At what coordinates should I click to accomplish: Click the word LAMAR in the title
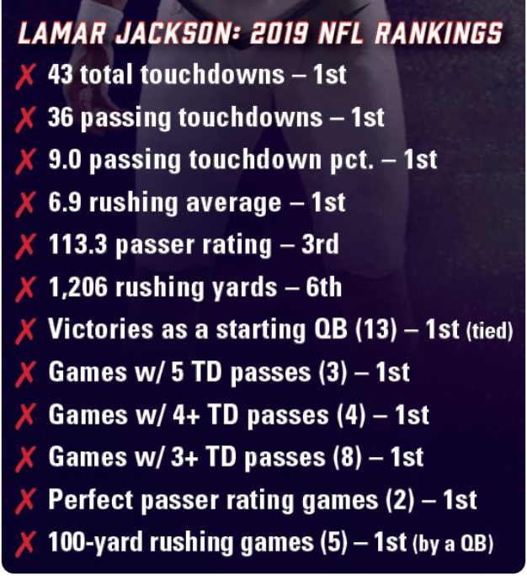[x=62, y=33]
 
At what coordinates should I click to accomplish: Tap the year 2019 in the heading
[x=280, y=33]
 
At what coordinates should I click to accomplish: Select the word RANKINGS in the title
[x=439, y=33]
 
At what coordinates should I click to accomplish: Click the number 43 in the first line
[x=61, y=74]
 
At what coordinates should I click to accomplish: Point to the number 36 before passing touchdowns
[x=61, y=117]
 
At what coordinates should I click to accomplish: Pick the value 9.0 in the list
[x=65, y=160]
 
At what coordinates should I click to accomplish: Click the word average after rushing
[x=234, y=203]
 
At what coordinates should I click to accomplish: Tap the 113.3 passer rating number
[x=77, y=245]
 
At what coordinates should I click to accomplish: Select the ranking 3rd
[x=320, y=245]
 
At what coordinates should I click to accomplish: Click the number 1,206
[x=78, y=287]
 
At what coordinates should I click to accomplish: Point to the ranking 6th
[x=323, y=287]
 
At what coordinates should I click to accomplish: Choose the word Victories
[x=101, y=328]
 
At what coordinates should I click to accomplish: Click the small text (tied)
[x=489, y=331]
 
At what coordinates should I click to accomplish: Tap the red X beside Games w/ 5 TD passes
[x=25, y=373]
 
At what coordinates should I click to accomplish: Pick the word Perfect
[x=91, y=499]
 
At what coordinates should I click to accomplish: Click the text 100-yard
[x=95, y=542]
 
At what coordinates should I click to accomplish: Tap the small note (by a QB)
[x=453, y=544]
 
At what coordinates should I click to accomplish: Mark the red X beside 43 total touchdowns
[x=25, y=76]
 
